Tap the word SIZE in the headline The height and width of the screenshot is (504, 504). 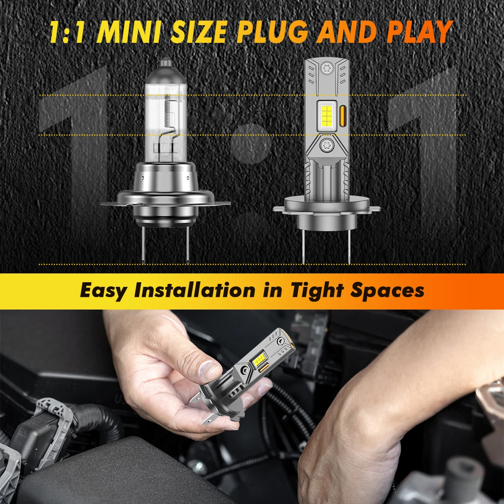(x=200, y=33)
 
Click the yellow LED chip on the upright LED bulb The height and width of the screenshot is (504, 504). (x=327, y=115)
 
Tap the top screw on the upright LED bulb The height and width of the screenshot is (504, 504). (x=326, y=67)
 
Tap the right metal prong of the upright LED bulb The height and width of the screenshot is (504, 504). (x=349, y=247)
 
